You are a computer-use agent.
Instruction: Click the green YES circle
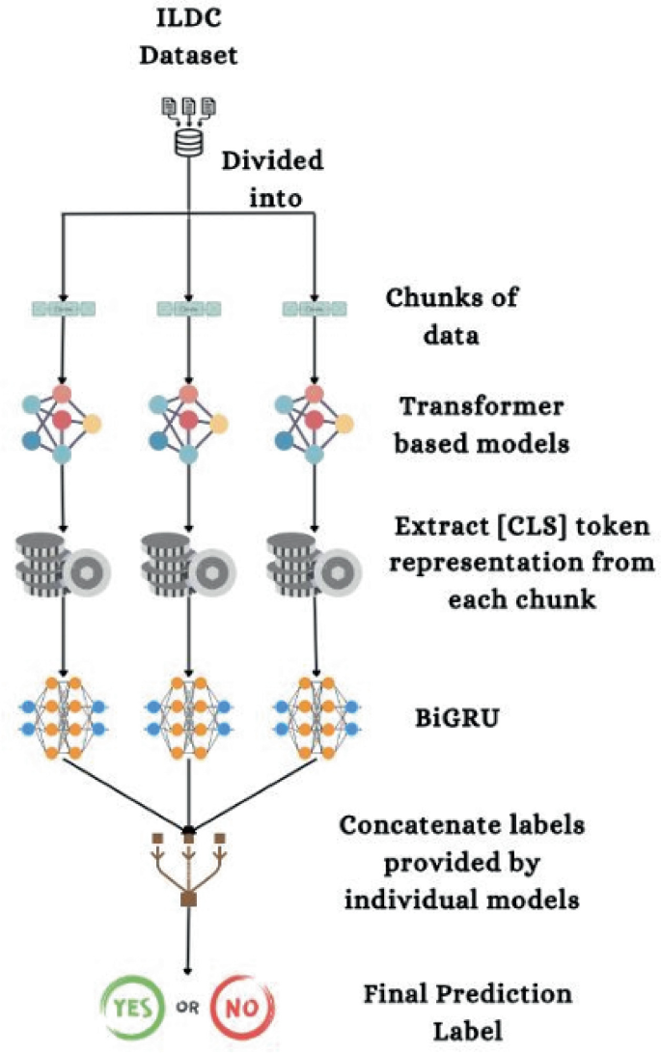(x=132, y=1008)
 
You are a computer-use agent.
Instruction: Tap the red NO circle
(x=242, y=1008)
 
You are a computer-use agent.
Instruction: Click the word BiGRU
(x=457, y=718)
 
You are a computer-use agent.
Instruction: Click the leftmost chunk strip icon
(x=63, y=309)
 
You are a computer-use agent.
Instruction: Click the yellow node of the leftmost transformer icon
(x=92, y=424)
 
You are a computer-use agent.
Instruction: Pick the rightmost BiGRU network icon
(x=315, y=718)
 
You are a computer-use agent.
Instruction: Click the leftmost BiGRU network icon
(x=63, y=718)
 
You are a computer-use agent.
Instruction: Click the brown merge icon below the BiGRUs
(x=189, y=869)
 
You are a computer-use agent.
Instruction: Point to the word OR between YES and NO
(x=188, y=1008)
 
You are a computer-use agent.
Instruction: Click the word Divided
(x=273, y=160)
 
